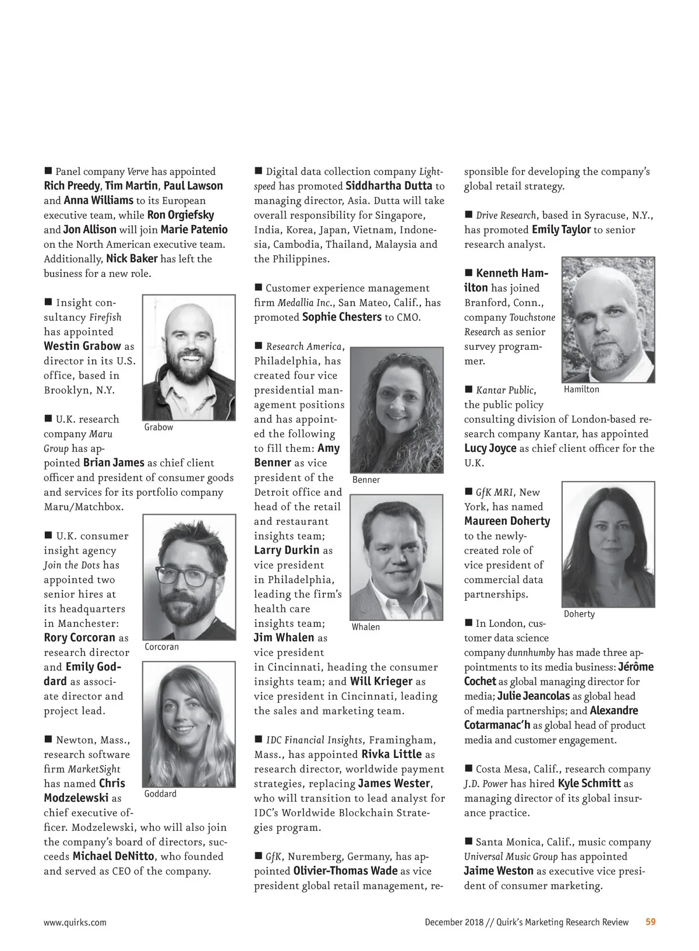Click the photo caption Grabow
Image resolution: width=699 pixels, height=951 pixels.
158,427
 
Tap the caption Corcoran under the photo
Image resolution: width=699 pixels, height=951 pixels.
161,647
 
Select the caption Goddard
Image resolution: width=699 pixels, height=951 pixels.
160,794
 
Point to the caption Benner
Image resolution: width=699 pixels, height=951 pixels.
366,480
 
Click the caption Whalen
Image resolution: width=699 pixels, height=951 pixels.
366,627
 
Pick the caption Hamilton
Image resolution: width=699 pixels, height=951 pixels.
581,389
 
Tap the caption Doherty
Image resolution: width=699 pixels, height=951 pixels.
579,614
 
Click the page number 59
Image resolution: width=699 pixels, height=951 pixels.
651,922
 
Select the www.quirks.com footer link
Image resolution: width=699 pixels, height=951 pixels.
75,922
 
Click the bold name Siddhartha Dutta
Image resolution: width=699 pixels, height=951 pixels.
389,186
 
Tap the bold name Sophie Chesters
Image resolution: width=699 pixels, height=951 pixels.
342,317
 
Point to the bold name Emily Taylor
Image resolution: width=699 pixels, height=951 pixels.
561,230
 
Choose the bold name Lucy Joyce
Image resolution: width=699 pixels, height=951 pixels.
490,448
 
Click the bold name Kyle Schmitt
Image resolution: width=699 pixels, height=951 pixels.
589,784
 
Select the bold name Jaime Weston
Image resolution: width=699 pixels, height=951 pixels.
499,871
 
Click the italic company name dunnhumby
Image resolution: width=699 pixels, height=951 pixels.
531,652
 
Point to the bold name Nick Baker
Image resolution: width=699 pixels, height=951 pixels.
132,259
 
